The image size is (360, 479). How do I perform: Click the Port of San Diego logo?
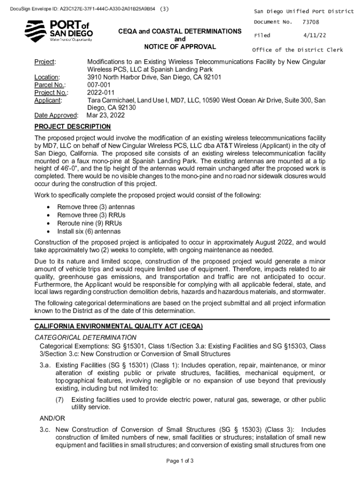(x=58, y=31)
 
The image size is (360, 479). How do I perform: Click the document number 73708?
(x=311, y=22)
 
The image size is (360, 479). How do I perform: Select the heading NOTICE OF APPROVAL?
(x=180, y=47)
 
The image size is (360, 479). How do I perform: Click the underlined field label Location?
(x=47, y=77)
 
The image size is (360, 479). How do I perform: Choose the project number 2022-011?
(x=101, y=92)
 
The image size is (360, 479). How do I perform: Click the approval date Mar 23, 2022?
(x=106, y=115)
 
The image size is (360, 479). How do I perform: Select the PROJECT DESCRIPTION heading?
(x=72, y=127)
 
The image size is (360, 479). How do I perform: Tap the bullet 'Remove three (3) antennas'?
(x=96, y=207)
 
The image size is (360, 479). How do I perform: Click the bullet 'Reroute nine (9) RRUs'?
(x=89, y=223)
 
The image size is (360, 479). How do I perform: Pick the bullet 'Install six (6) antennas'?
(x=89, y=232)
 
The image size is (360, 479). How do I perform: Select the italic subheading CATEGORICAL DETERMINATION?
(x=86, y=337)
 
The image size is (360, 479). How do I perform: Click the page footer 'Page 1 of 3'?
(x=180, y=461)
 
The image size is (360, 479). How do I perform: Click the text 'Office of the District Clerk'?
(x=298, y=50)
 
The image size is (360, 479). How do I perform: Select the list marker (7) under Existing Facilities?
(x=59, y=399)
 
